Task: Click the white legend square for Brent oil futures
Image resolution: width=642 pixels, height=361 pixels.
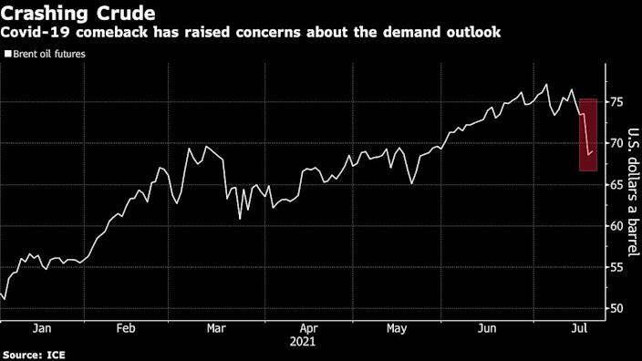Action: [x=8, y=55]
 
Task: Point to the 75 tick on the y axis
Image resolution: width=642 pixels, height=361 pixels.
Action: [x=617, y=102]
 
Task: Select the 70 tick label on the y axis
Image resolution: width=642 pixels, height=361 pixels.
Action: [x=617, y=143]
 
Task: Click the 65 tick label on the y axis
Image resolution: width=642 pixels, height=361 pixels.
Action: [x=617, y=185]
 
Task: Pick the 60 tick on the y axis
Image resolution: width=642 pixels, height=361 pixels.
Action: [x=617, y=226]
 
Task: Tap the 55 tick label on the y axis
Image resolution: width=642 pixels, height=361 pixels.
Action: [x=617, y=267]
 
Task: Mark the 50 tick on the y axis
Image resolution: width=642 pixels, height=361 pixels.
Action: [x=617, y=308]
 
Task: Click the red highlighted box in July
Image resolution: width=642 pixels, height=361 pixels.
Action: [x=588, y=134]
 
